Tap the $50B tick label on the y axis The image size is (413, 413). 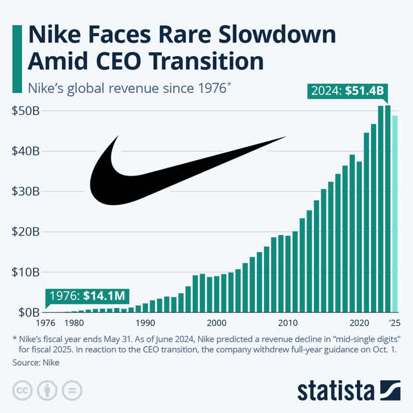[26, 110]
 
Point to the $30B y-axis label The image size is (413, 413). [26, 191]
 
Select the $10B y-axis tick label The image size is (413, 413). [26, 272]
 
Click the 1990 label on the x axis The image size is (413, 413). [145, 323]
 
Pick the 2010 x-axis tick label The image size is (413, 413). [288, 323]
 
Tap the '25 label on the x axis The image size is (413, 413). [395, 323]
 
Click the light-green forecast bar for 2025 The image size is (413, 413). [395, 213]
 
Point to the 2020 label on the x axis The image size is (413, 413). [359, 323]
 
